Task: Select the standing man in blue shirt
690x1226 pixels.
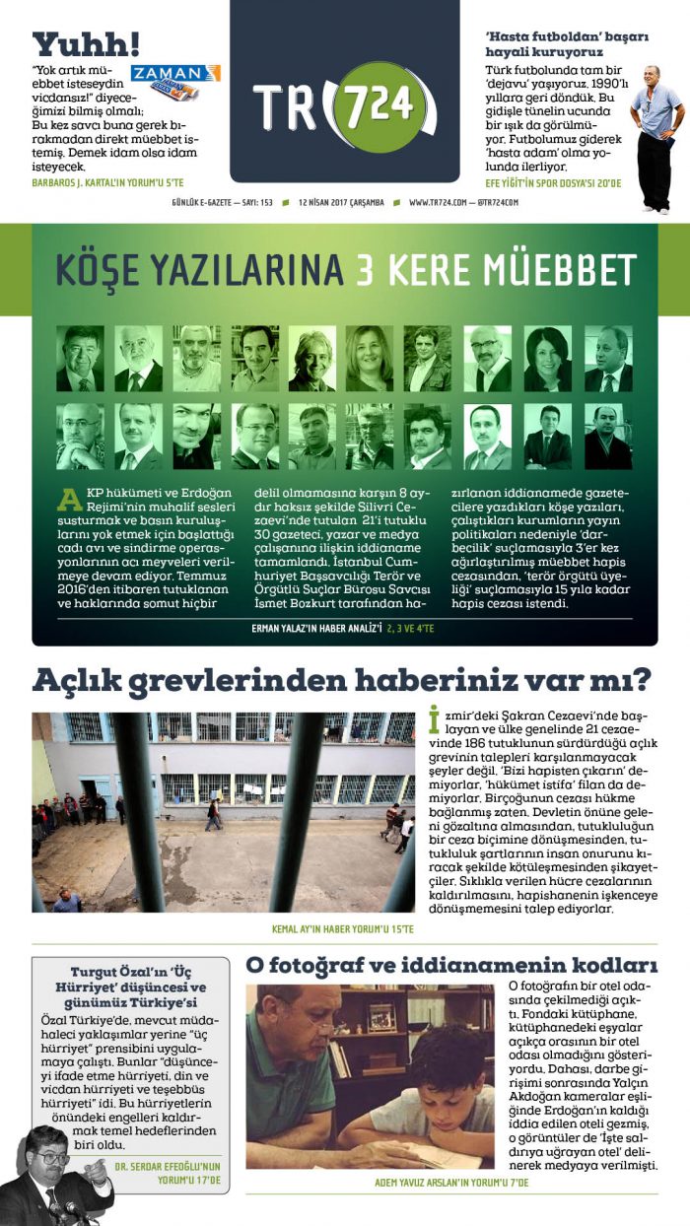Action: tap(655, 138)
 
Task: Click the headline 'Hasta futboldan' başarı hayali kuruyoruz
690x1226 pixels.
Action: tap(567, 44)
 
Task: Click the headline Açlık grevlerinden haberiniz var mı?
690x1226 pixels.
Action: tap(342, 680)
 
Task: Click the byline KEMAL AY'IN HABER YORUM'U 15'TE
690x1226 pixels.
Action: tap(343, 928)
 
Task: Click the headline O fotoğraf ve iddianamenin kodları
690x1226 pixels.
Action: tap(451, 964)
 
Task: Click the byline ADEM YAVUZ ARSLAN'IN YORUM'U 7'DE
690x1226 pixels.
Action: tap(451, 1182)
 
